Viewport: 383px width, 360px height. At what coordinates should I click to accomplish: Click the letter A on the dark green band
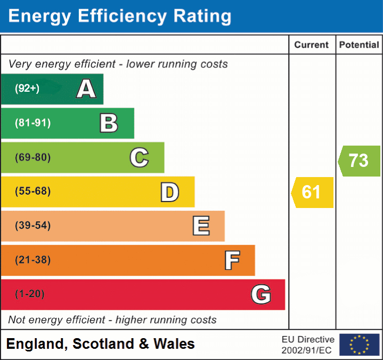pos(86,89)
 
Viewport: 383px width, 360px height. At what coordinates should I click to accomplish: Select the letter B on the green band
pos(109,123)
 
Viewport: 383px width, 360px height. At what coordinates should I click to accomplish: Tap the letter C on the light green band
pos(139,157)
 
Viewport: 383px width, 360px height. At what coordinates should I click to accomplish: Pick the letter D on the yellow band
pos(169,192)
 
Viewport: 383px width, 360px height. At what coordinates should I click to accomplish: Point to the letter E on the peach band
pos(200,226)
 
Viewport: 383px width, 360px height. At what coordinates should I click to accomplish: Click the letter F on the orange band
pos(231,260)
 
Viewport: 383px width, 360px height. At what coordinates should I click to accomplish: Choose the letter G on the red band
pos(260,294)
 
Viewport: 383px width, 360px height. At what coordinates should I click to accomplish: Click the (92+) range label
pos(27,89)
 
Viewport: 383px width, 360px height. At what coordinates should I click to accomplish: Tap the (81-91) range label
pos(32,123)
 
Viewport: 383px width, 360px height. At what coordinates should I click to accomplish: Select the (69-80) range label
pos(32,157)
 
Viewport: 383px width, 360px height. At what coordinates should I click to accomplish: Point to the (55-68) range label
pos(32,191)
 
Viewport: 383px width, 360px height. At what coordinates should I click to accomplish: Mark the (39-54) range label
pos(32,226)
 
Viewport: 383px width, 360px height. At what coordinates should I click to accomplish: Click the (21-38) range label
pos(32,260)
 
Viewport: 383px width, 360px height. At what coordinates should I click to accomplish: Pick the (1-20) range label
pos(29,294)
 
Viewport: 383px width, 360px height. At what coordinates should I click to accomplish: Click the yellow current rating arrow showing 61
pos(313,192)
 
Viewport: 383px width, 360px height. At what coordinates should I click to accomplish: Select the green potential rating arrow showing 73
pos(360,161)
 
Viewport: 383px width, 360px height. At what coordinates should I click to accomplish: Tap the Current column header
pos(312,45)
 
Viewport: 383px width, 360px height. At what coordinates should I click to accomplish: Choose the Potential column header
pos(359,45)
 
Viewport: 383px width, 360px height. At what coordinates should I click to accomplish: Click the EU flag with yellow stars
pos(359,345)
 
